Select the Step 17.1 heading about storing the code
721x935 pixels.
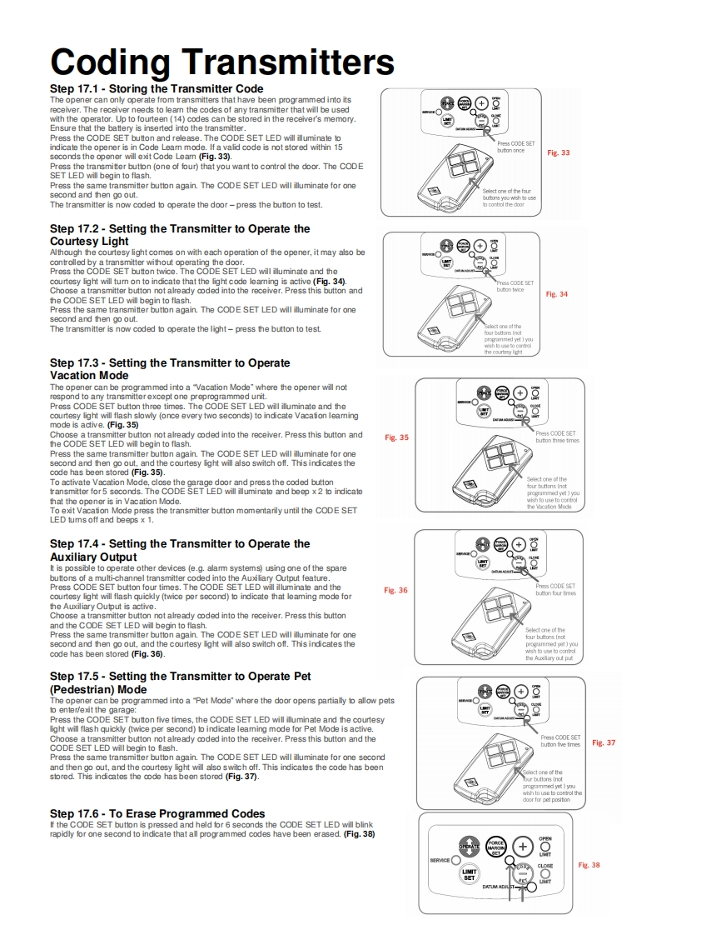click(x=157, y=88)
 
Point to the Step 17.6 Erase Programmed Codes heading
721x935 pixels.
click(x=157, y=813)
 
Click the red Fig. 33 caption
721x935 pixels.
click(x=559, y=153)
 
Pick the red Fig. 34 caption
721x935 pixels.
click(x=557, y=294)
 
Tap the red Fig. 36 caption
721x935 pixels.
click(x=395, y=590)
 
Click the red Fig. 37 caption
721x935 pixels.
click(x=604, y=742)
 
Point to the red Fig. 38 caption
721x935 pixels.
click(x=589, y=865)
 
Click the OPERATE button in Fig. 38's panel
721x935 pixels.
click(x=470, y=846)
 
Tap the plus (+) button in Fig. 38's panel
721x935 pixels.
click(x=523, y=846)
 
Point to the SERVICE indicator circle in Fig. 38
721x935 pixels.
click(x=455, y=860)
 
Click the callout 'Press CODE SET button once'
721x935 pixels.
click(x=516, y=147)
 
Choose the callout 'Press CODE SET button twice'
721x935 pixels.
click(x=515, y=287)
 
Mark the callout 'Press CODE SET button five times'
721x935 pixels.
click(x=560, y=741)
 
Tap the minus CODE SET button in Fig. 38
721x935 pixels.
click(x=523, y=873)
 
